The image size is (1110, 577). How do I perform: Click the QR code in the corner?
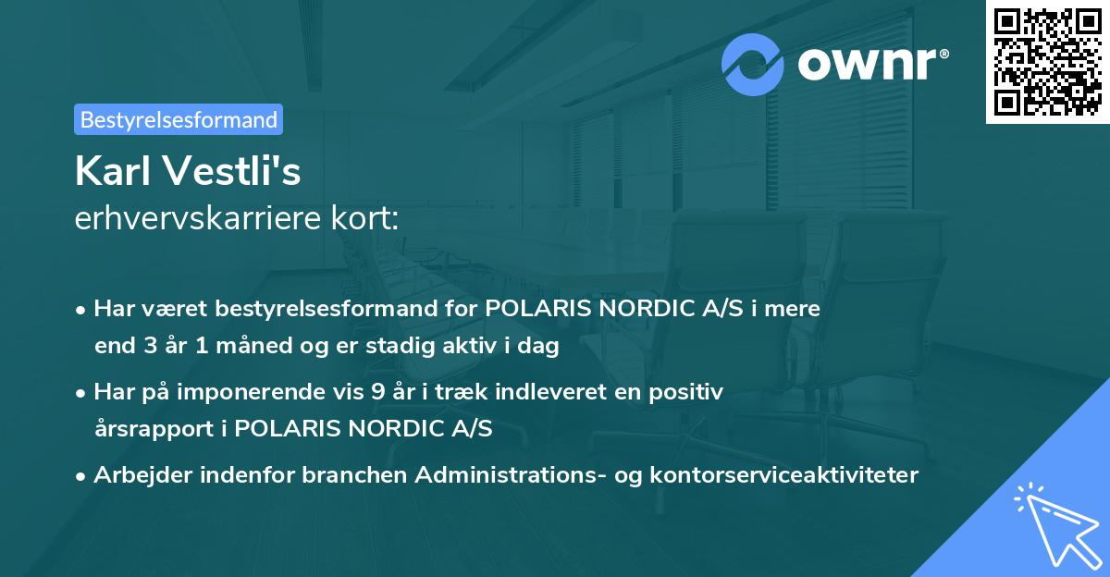1048,62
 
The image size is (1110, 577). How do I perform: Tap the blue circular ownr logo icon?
753,65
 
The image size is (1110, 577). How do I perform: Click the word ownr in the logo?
872,65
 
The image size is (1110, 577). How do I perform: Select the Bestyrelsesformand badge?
179,119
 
